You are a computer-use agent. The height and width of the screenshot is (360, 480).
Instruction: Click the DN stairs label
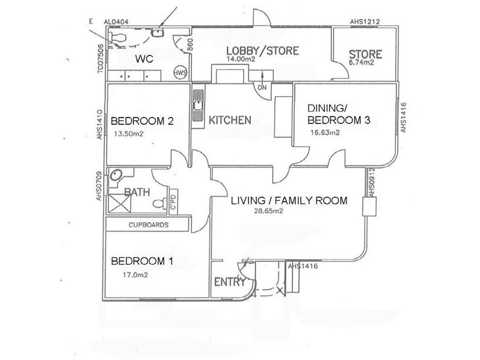262,87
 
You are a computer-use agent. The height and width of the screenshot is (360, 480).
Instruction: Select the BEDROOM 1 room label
142,261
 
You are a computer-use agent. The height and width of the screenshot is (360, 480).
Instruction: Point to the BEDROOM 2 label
142,121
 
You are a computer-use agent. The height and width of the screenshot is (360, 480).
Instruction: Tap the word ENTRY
228,283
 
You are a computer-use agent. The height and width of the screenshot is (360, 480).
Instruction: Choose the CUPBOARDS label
148,225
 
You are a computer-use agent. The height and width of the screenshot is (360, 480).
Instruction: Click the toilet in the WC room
119,38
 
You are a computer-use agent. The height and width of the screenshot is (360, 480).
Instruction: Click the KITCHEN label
230,120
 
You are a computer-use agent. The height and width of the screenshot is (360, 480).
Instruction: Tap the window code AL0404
117,22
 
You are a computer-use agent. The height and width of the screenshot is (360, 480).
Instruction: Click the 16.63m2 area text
325,133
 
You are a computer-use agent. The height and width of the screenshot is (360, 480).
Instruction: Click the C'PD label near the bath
172,202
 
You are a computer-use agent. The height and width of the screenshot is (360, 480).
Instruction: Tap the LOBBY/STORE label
262,50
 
